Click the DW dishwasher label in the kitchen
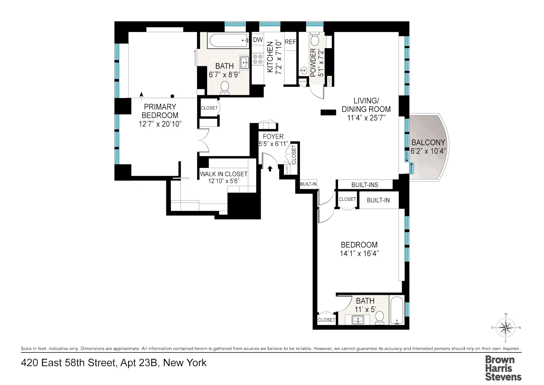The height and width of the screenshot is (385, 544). coord(258,40)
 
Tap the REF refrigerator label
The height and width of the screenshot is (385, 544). coord(290,42)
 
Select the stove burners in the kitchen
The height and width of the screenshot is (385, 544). coord(258,59)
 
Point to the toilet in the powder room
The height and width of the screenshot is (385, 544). coord(315,40)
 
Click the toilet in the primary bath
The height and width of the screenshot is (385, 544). coord(225,88)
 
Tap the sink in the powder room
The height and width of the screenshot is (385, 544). coord(304,71)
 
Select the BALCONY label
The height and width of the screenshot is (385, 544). coord(428,142)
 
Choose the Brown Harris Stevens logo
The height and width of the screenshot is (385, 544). coord(503,368)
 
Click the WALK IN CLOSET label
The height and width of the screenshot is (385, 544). coord(224,174)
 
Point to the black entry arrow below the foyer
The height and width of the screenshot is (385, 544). coord(270,168)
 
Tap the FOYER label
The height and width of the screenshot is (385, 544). coord(273,137)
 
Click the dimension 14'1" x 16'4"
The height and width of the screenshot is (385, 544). coord(359,253)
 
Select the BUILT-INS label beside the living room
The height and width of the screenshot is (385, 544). coord(364,185)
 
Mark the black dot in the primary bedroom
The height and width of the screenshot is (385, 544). coord(173,96)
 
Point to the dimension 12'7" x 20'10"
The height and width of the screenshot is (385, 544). coord(160,124)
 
